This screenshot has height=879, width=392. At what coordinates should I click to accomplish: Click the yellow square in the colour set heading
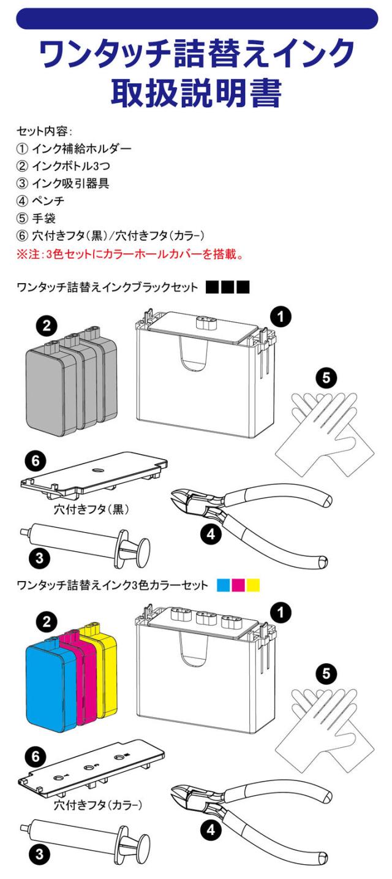coord(253,585)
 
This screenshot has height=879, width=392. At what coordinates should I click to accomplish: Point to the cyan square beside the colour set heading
coord(224,585)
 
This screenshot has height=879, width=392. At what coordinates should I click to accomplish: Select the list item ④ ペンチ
coord(40,201)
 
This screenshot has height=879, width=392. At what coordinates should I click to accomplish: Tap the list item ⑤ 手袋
coord(36,218)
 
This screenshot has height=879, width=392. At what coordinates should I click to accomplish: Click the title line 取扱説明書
coord(197,93)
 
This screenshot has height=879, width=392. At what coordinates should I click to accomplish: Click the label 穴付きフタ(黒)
coord(91,509)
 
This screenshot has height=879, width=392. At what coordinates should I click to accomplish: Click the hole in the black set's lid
coord(97,470)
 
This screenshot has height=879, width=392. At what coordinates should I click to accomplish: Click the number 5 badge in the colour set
coord(326,674)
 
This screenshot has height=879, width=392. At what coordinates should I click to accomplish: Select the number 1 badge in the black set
coord(281,316)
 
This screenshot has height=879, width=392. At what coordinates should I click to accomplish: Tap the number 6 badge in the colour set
coord(36,756)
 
